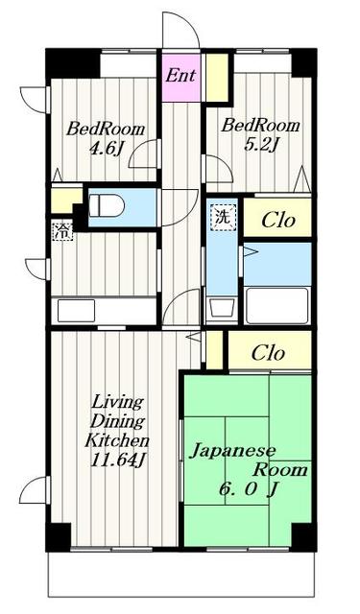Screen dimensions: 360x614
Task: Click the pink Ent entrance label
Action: coord(180,75)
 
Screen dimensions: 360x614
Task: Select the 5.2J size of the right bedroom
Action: coord(261,145)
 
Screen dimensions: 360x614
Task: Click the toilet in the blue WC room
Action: coord(107,205)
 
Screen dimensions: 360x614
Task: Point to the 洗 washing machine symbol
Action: coord(224,218)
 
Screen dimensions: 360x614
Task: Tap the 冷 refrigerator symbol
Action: coord(62,231)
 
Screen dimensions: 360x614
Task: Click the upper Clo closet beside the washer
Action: coord(278,220)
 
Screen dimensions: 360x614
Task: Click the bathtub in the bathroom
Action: coord(277,305)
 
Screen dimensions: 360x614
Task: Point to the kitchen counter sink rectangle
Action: coord(77,311)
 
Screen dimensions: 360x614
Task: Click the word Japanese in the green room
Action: coord(232,451)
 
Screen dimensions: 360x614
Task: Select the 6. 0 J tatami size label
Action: coord(248,489)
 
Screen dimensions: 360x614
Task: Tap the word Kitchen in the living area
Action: coord(117,440)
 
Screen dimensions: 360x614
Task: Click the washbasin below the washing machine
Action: coord(223,308)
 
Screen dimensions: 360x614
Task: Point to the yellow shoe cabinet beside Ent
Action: coord(217,77)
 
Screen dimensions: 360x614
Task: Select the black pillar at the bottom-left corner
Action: coord(59,536)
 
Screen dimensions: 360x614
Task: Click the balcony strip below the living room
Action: coord(181,574)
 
